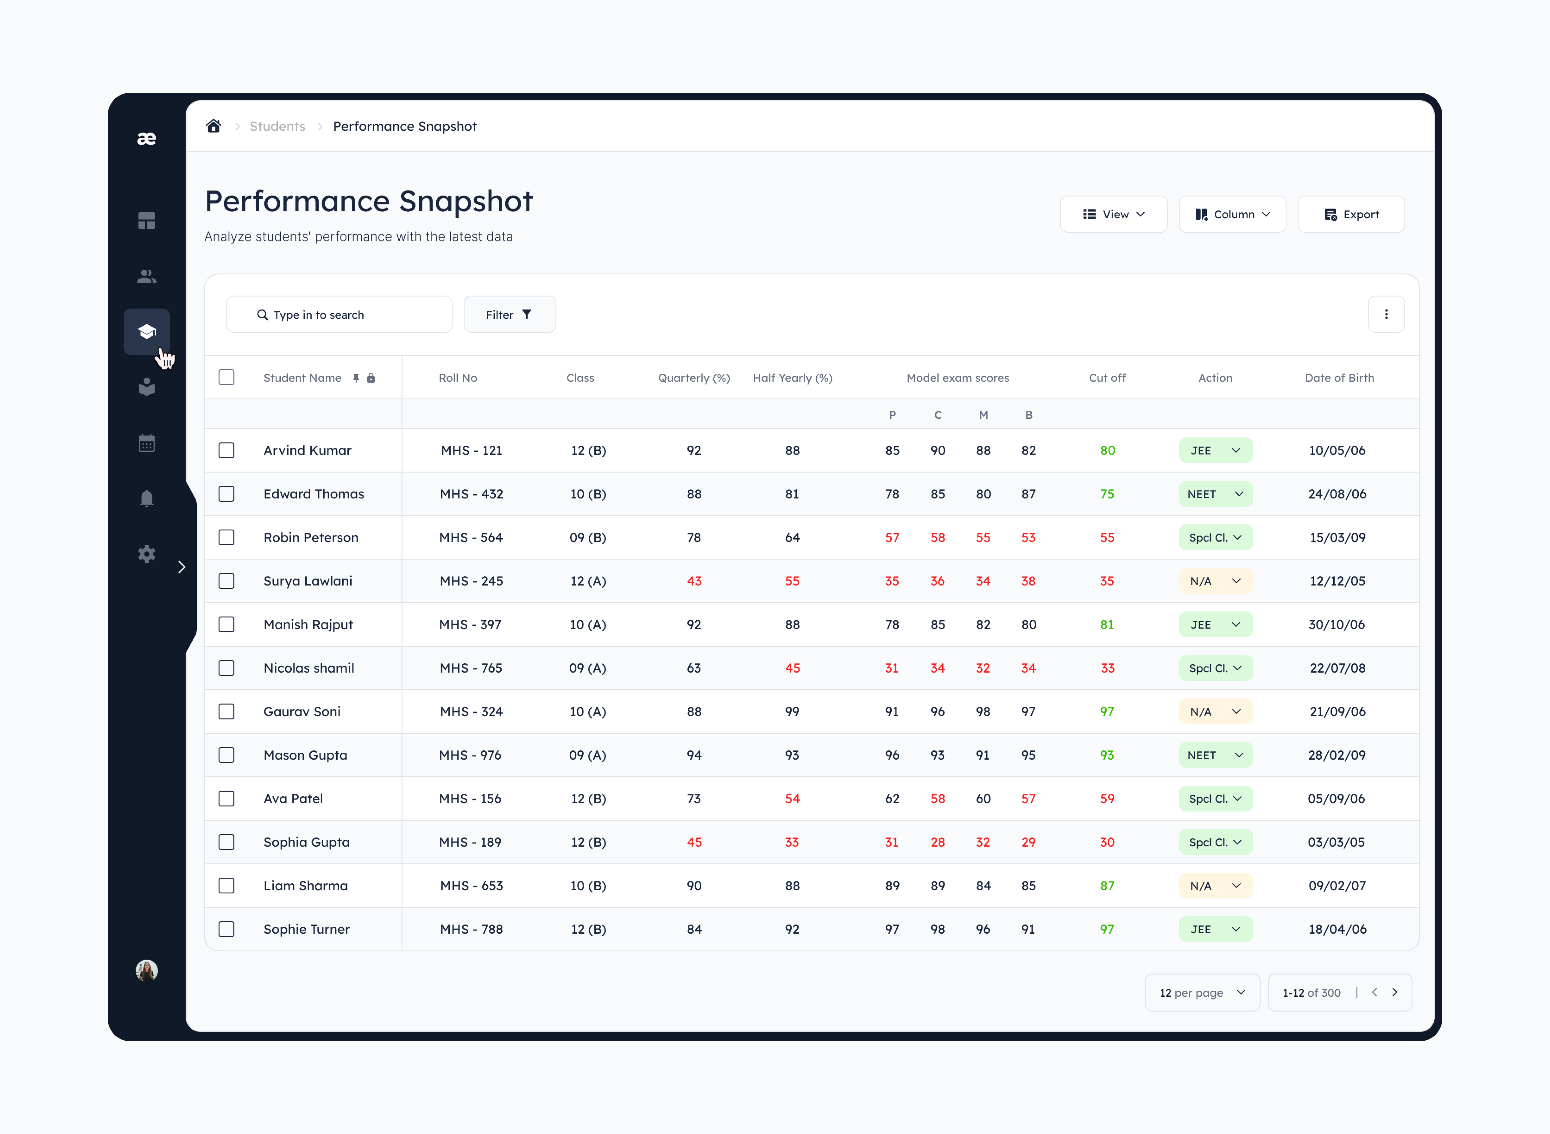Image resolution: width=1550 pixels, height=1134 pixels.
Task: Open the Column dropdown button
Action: [1232, 214]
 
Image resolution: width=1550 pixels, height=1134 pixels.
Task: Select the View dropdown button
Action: [1113, 214]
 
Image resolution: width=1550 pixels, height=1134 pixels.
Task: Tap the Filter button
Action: [509, 314]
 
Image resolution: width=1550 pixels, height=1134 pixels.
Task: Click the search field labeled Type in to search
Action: [339, 314]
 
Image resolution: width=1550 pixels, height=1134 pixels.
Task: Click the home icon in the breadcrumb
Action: [213, 126]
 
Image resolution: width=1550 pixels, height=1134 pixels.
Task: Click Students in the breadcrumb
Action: [277, 126]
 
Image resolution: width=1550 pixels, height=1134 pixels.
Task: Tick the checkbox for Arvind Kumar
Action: [227, 450]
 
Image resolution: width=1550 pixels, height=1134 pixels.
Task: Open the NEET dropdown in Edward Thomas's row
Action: [1215, 494]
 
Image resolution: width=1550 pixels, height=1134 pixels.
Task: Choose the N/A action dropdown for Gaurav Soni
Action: [1215, 712]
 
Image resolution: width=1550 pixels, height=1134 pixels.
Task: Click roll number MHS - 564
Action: [471, 538]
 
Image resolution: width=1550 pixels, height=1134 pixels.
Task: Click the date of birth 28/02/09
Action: [1337, 755]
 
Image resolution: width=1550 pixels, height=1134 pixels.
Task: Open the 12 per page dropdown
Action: [1202, 992]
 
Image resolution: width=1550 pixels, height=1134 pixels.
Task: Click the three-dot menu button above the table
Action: [1386, 314]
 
